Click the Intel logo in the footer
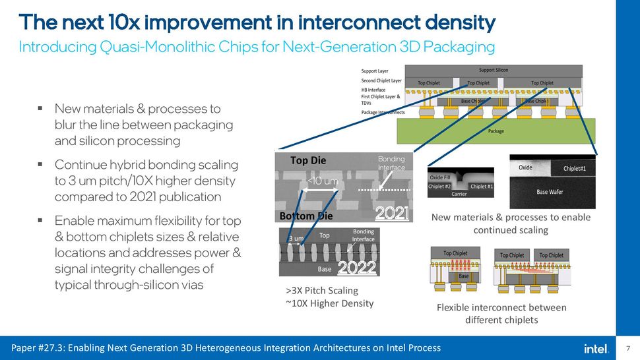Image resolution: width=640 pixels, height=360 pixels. click(x=594, y=348)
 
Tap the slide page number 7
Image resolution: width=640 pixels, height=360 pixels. click(x=627, y=348)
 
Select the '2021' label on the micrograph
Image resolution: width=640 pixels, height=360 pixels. click(x=392, y=214)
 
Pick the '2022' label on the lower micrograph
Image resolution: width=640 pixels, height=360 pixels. click(x=356, y=268)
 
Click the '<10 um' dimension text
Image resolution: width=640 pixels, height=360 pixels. click(x=323, y=181)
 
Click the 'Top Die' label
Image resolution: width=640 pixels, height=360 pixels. click(x=308, y=160)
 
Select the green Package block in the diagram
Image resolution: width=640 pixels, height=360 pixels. click(x=496, y=131)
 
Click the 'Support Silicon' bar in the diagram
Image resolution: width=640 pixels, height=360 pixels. click(x=493, y=70)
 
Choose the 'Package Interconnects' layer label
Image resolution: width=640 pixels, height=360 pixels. click(x=383, y=112)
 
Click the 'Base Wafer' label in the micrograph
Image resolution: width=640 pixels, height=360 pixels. click(x=550, y=192)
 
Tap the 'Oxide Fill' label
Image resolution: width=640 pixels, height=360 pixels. click(x=441, y=177)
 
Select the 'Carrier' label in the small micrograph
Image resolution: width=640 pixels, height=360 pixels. click(x=459, y=194)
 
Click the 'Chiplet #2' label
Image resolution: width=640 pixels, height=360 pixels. click(x=440, y=187)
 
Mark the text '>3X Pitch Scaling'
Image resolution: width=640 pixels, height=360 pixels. click(x=321, y=290)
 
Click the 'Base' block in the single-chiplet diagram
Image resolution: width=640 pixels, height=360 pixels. click(x=464, y=276)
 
